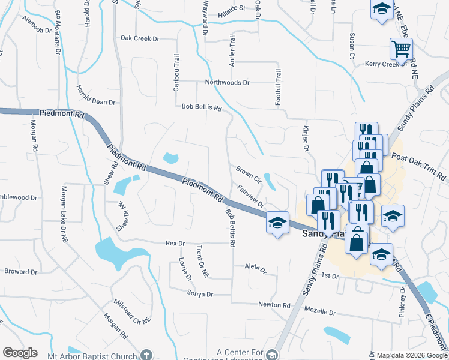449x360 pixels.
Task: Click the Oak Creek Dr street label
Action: [140, 38]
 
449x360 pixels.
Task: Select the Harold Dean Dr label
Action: [95, 94]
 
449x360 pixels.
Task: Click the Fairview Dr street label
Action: [251, 196]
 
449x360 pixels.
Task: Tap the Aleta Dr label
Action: [255, 268]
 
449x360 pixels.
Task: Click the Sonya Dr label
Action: [201, 294]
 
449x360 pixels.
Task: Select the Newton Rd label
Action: [274, 305]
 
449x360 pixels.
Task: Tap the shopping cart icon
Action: [400, 48]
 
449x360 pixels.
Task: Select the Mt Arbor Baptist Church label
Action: [93, 355]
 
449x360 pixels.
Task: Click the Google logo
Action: [20, 353]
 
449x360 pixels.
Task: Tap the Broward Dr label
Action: [20, 271]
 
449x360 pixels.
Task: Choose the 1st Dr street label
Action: [330, 275]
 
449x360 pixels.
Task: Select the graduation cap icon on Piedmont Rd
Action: [277, 223]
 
